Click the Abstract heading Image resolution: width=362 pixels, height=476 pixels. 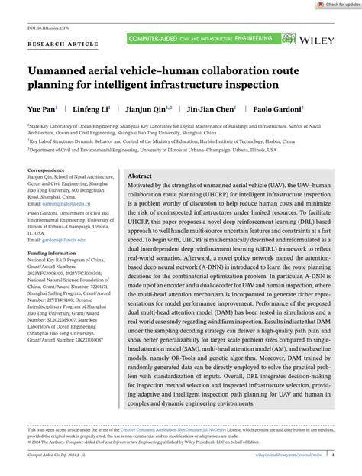pos(141,175)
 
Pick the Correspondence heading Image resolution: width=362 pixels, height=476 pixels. pos(47,170)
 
